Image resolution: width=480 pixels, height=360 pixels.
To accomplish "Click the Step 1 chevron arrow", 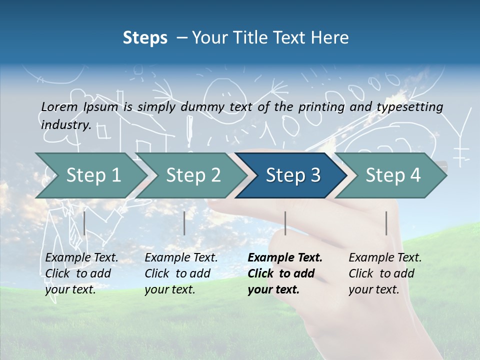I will (90, 175).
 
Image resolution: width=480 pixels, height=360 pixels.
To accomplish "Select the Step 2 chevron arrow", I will (192, 175).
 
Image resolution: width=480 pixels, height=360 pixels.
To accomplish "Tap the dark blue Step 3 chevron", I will (292, 175).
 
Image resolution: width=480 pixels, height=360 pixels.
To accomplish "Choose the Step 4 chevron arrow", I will (392, 175).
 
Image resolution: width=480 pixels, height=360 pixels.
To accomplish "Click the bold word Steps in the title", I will (145, 38).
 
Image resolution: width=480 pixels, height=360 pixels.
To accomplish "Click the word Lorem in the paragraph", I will (58, 106).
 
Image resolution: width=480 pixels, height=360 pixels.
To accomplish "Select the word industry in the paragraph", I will (65, 124).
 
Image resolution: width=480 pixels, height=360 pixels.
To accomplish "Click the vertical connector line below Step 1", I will (84, 223).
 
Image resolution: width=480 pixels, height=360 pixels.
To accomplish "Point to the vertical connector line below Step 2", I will (184, 223).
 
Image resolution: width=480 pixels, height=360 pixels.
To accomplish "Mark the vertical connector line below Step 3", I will (285, 223).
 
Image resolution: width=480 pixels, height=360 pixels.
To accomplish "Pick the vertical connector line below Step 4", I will (386, 223).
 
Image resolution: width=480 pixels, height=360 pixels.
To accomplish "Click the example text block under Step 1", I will (81, 273).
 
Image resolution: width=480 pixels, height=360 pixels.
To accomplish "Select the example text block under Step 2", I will (181, 273).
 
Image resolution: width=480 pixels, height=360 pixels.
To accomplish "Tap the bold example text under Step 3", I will (284, 273).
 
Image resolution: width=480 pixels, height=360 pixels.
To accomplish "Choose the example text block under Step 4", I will (385, 273).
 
